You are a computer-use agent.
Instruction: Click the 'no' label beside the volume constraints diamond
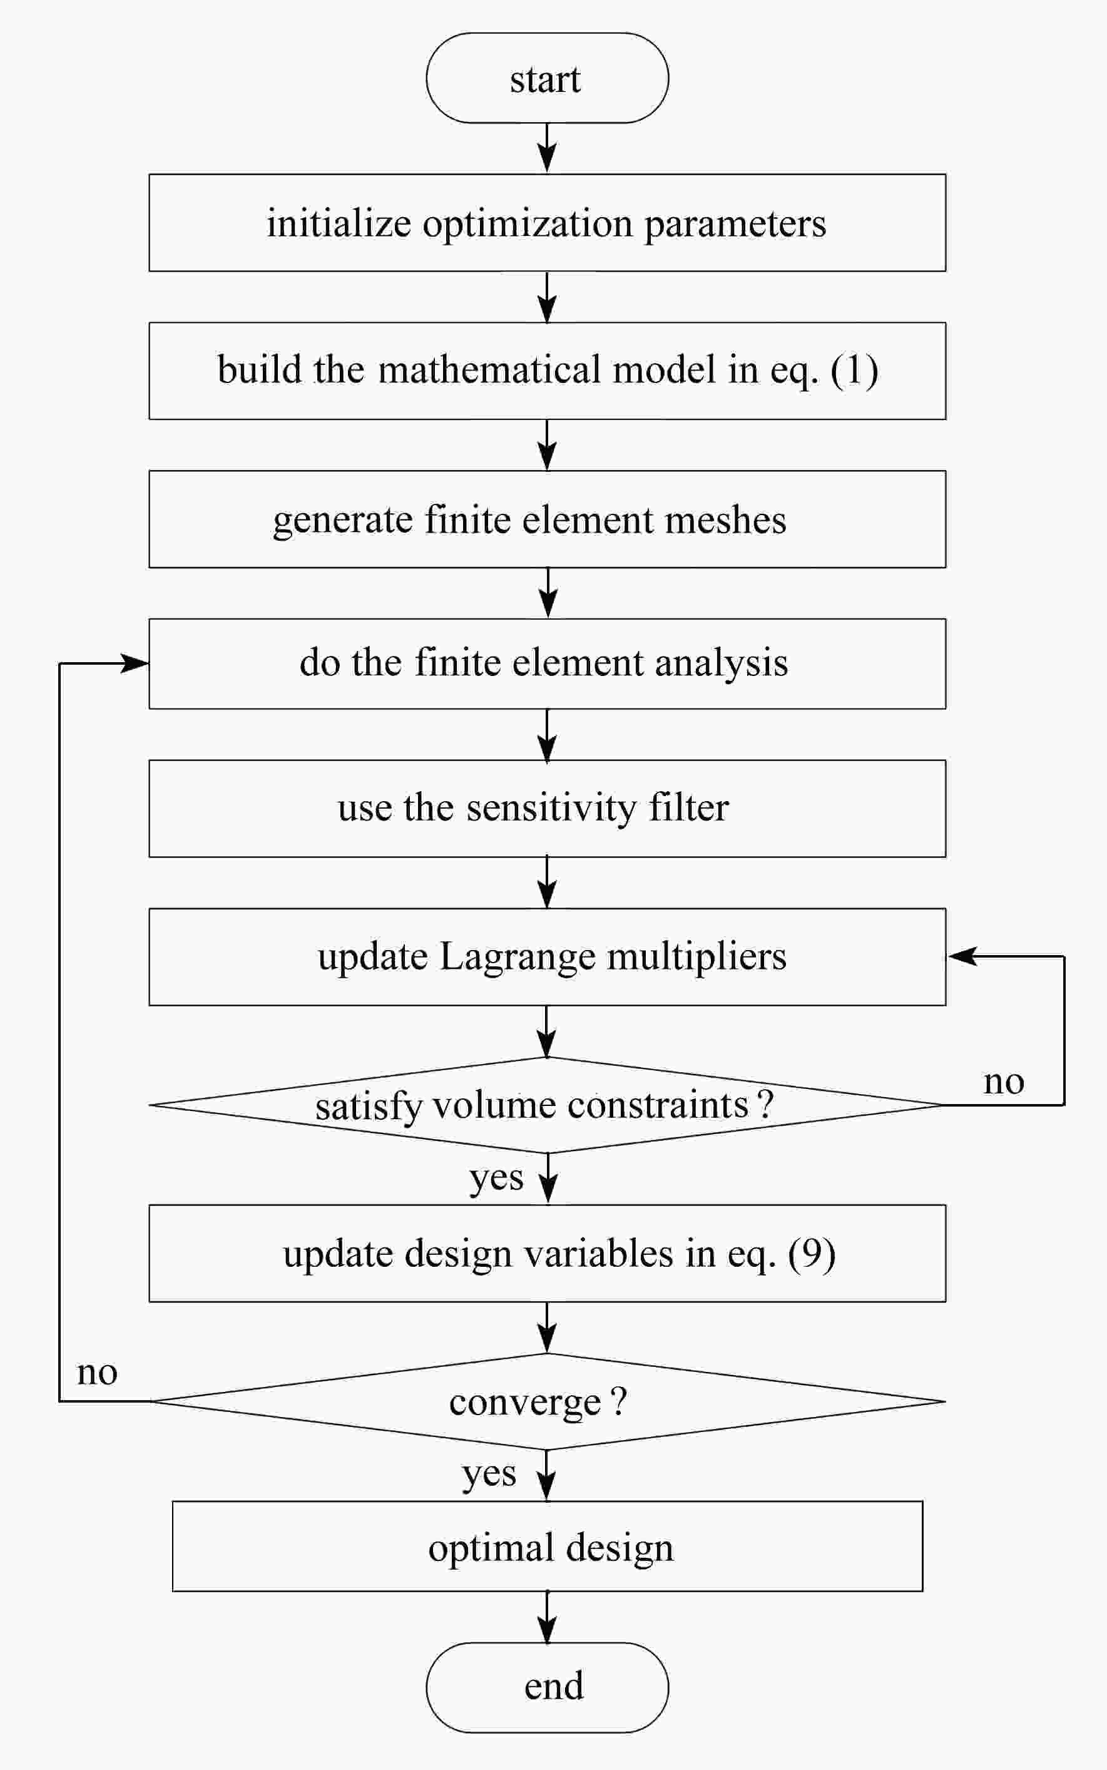[x=1004, y=1082]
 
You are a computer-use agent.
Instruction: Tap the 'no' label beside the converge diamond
[x=98, y=1373]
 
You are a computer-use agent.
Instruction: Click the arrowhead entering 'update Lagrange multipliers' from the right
[x=962, y=956]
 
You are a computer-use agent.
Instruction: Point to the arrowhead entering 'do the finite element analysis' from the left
[x=134, y=663]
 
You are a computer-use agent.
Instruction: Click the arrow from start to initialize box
[x=547, y=148]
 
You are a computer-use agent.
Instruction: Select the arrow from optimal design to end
[x=547, y=1617]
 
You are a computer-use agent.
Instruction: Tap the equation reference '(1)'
[x=854, y=370]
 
